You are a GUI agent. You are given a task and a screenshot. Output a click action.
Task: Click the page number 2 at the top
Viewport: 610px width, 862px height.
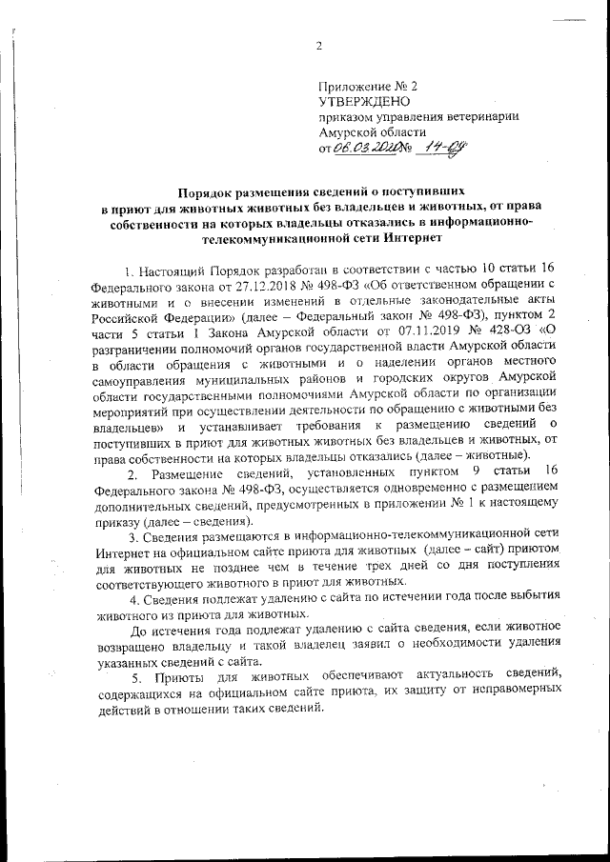[319, 46]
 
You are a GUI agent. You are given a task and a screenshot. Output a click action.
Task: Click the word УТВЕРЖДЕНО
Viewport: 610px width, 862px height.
[364, 100]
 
